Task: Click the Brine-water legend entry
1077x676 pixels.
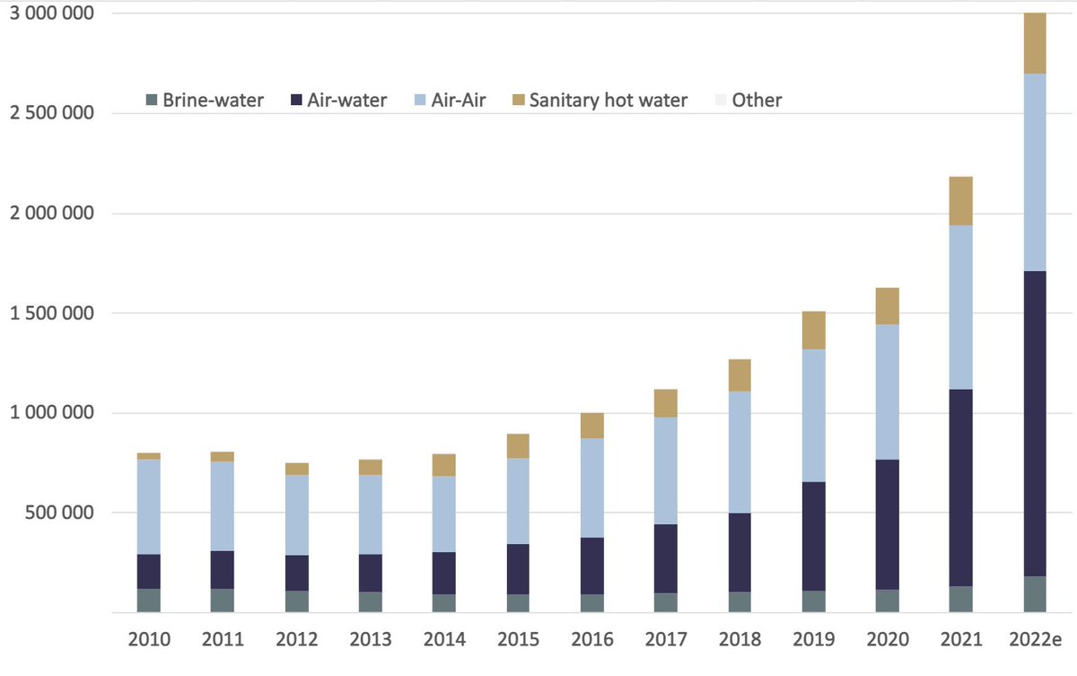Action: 205,100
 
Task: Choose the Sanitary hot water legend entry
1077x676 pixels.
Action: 596,100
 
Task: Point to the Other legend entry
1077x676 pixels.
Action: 746,100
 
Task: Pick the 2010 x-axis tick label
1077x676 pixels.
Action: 148,639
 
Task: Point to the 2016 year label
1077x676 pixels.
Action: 591,639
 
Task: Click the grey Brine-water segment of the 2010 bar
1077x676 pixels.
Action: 148,600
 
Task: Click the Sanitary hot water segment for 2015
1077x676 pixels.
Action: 518,446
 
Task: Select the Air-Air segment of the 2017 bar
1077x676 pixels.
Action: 665,470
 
